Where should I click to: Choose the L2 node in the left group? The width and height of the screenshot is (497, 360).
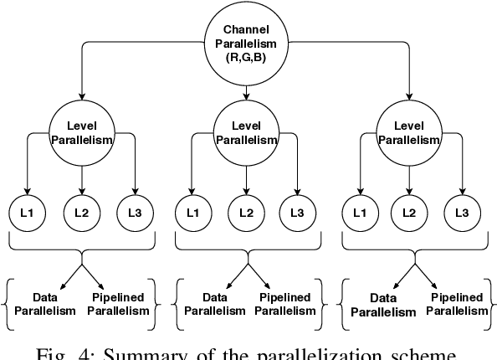(81, 213)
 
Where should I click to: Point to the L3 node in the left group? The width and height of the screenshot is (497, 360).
(134, 213)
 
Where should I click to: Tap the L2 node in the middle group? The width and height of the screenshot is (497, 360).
(246, 213)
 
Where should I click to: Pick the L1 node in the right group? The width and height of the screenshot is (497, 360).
(359, 213)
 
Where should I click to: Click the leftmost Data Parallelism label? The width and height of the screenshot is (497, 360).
(47, 304)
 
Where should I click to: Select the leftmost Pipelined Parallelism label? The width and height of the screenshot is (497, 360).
(119, 304)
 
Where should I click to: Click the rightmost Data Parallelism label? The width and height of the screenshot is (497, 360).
(382, 306)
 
